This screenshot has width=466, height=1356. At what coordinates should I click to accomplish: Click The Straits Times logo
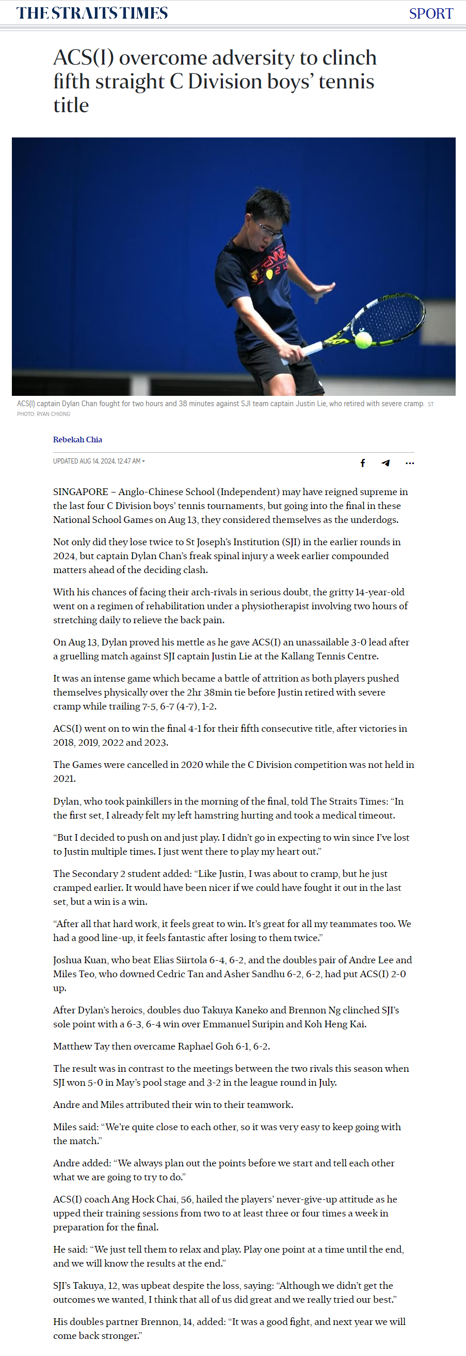click(92, 12)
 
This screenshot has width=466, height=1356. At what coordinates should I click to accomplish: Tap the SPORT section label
click(431, 13)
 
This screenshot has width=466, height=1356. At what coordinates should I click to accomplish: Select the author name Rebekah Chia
click(77, 440)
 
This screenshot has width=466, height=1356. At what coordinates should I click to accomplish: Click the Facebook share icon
click(362, 463)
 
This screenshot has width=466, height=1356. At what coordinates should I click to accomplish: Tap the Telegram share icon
click(385, 463)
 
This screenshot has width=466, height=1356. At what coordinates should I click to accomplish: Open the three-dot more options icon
click(410, 463)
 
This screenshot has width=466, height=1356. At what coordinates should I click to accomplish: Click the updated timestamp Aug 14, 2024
click(98, 461)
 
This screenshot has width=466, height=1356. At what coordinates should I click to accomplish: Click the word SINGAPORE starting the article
click(81, 491)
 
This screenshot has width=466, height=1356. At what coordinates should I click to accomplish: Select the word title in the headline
click(71, 105)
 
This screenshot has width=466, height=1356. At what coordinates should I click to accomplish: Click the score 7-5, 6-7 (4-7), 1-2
click(179, 706)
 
